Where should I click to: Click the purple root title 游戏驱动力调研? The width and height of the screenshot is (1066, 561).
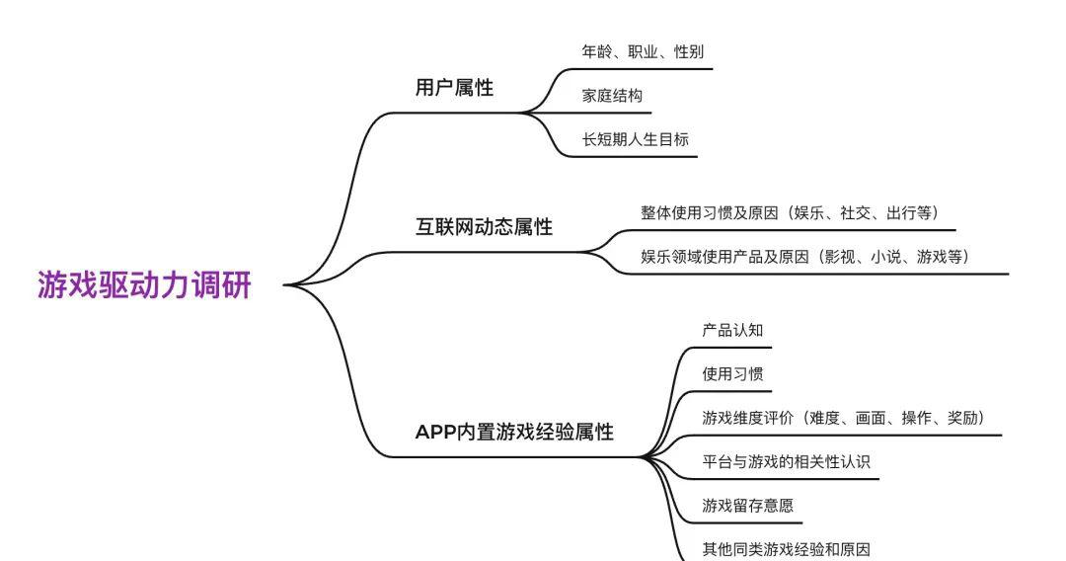(144, 284)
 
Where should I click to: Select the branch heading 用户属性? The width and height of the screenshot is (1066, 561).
(454, 87)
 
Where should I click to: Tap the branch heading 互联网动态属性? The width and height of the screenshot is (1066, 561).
(484, 226)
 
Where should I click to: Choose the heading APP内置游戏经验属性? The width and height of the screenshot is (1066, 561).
(514, 432)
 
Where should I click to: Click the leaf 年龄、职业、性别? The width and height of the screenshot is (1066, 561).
(643, 51)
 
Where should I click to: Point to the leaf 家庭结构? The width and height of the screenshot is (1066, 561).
(612, 95)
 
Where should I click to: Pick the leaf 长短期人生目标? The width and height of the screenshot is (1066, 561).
(635, 139)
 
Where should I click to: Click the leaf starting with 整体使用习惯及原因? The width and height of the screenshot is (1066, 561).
(791, 212)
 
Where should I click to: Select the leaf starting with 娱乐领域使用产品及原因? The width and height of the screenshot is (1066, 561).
(806, 257)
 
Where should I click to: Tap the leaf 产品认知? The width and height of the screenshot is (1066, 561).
(732, 330)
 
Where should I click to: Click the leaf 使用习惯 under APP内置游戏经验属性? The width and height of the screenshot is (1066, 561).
(732, 373)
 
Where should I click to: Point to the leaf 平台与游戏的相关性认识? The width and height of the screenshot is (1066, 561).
(786, 461)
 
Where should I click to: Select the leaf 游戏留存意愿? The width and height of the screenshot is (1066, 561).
(748, 506)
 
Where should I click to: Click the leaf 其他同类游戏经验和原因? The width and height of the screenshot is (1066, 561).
(786, 549)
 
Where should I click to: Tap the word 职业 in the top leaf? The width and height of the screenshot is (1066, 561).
(643, 51)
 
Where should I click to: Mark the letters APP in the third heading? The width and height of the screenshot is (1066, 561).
(436, 433)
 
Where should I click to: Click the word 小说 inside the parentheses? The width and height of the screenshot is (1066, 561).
(885, 257)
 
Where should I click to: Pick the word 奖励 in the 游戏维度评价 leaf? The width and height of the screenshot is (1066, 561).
(962, 418)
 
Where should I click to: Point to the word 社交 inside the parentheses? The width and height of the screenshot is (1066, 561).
(855, 212)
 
